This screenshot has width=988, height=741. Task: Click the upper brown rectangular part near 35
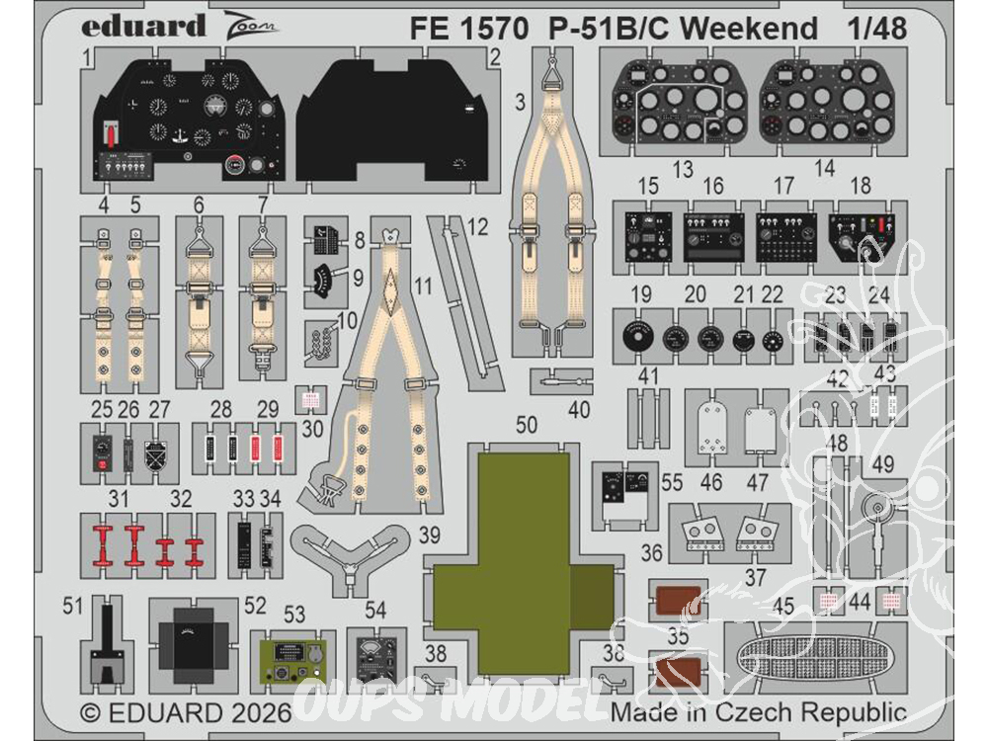coord(677,600)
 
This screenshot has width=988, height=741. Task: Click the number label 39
coord(428,535)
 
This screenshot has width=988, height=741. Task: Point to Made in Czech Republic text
coord(758,712)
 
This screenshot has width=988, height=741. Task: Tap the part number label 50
coord(527,425)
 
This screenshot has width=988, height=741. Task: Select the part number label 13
coord(681,170)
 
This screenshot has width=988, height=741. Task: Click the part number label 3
coord(520,100)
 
